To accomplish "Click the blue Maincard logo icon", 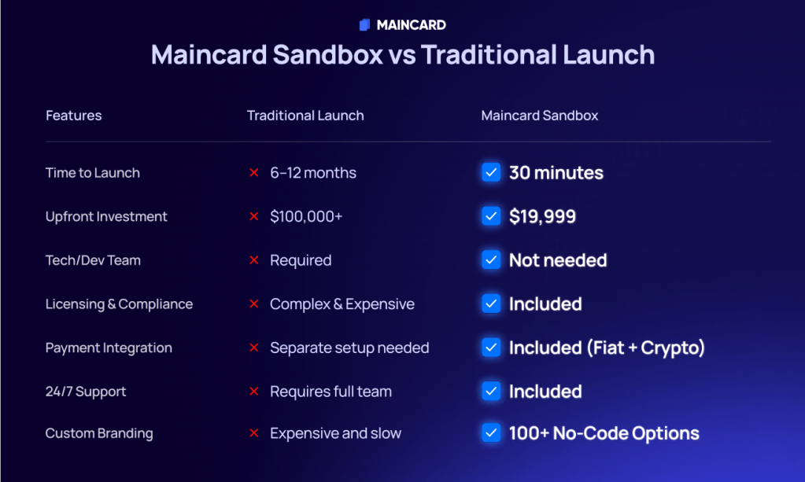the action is pyautogui.click(x=364, y=24).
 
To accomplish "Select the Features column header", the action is pyautogui.click(x=73, y=116).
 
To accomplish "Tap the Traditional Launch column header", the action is pyautogui.click(x=305, y=116).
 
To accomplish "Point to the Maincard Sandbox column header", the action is pyautogui.click(x=540, y=116).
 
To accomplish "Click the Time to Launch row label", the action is pyautogui.click(x=92, y=173).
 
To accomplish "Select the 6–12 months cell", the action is pyautogui.click(x=313, y=173).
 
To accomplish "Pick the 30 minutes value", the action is pyautogui.click(x=556, y=173).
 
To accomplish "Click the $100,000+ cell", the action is pyautogui.click(x=306, y=216).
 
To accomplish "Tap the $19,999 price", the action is pyautogui.click(x=542, y=216).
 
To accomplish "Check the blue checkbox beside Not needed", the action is pyautogui.click(x=491, y=260).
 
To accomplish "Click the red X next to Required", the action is pyautogui.click(x=253, y=260).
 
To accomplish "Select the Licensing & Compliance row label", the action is pyautogui.click(x=119, y=304).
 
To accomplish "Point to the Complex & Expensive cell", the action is pyautogui.click(x=342, y=304).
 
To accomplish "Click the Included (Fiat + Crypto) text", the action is pyautogui.click(x=607, y=348).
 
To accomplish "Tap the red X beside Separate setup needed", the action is pyautogui.click(x=253, y=348).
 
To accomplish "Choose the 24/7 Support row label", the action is pyautogui.click(x=86, y=392).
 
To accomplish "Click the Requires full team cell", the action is pyautogui.click(x=330, y=392).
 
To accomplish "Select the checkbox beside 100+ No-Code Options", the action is pyautogui.click(x=491, y=432).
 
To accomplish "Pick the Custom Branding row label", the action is pyautogui.click(x=99, y=433).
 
